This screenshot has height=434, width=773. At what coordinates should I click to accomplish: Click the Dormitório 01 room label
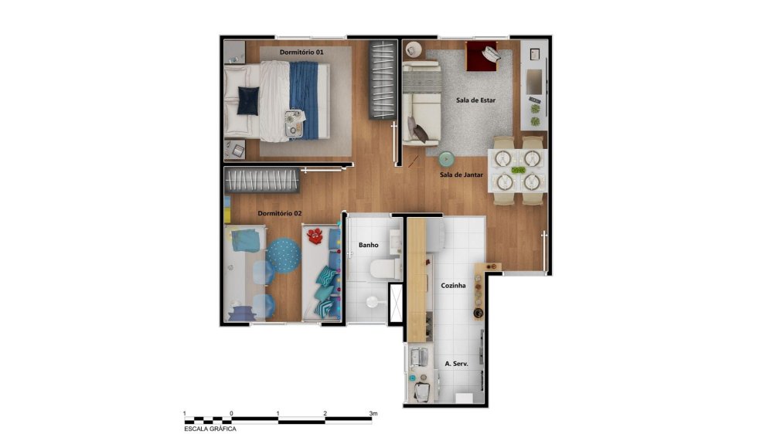pyautogui.click(x=301, y=52)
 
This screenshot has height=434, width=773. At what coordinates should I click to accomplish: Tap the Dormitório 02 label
pyautogui.click(x=280, y=213)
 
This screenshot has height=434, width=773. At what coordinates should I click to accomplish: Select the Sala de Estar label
pyautogui.click(x=475, y=100)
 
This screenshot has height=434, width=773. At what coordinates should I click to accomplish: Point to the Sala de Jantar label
pyautogui.click(x=461, y=175)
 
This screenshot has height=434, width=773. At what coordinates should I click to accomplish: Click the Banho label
pyautogui.click(x=369, y=245)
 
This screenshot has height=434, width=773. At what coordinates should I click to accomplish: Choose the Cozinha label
pyautogui.click(x=453, y=285)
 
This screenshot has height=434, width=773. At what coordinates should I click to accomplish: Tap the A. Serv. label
pyautogui.click(x=457, y=364)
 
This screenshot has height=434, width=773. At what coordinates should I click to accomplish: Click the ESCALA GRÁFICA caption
pyautogui.click(x=210, y=429)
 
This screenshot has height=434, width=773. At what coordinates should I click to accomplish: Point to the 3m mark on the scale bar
pyautogui.click(x=373, y=413)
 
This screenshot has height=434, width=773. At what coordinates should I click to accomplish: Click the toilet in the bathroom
pyautogui.click(x=384, y=269)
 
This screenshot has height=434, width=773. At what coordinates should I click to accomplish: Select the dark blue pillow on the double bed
pyautogui.click(x=248, y=100)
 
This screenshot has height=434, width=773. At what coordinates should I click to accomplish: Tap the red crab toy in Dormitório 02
pyautogui.click(x=315, y=236)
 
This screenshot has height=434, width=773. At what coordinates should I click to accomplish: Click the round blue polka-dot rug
pyautogui.click(x=284, y=255)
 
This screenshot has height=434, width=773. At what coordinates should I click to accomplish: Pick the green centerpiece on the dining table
pyautogui.click(x=518, y=171)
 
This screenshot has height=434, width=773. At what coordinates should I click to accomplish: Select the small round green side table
pyautogui.click(x=446, y=159)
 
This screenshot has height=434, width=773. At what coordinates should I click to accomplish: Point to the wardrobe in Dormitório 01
pyautogui.click(x=383, y=80)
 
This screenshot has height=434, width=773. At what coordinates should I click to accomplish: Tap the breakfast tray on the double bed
pyautogui.click(x=294, y=123)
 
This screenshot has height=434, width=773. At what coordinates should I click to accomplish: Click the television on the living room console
pyautogui.click(x=534, y=82)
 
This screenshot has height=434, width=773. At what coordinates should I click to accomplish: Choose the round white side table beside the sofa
pyautogui.click(x=413, y=49)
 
